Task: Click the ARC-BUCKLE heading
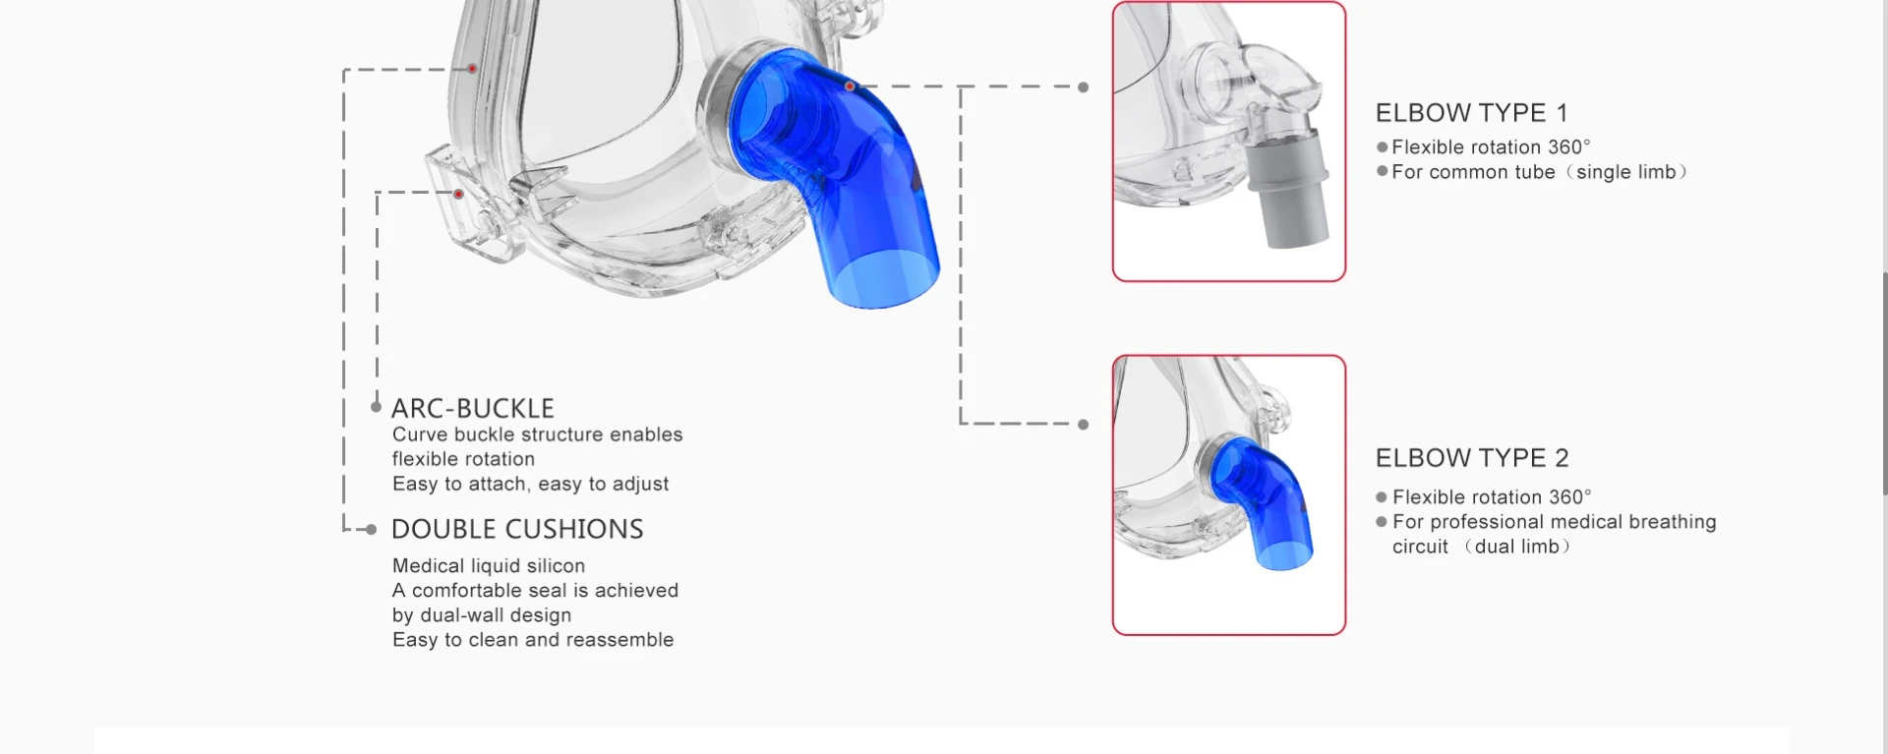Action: tap(473, 408)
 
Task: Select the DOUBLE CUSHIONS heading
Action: tap(517, 529)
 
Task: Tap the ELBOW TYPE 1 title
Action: tap(1471, 113)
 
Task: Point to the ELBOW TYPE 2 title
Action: tap(1472, 458)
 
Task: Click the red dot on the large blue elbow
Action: tap(850, 87)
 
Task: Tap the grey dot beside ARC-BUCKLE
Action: tap(376, 407)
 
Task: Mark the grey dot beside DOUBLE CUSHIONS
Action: tap(371, 530)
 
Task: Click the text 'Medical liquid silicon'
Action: tap(489, 566)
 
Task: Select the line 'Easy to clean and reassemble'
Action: tap(533, 640)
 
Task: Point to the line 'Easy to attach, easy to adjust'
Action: tap(530, 484)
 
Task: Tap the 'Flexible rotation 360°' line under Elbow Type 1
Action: tap(1491, 147)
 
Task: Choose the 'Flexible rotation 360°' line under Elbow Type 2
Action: tap(1492, 497)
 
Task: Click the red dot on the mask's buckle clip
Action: tap(458, 195)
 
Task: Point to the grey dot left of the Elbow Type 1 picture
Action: tap(1084, 87)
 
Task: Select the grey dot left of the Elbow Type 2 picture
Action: tap(1084, 425)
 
